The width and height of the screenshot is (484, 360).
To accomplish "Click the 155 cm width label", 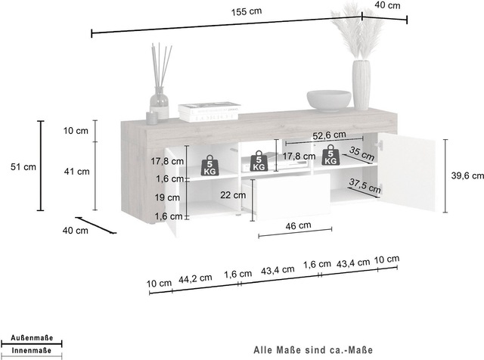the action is pyautogui.click(x=247, y=12).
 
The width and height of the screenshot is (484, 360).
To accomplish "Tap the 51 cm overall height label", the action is pyautogui.click(x=23, y=167).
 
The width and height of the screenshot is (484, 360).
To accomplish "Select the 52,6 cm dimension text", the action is pyautogui.click(x=329, y=135).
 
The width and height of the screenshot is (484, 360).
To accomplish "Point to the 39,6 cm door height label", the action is pyautogui.click(x=467, y=175).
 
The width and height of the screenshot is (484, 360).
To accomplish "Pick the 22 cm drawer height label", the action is pyautogui.click(x=233, y=195).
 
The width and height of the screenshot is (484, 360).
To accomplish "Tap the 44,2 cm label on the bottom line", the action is pyautogui.click(x=195, y=278).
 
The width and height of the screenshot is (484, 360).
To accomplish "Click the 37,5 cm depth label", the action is pyautogui.click(x=365, y=185).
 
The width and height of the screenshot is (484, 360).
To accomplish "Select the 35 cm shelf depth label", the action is pyautogui.click(x=361, y=154).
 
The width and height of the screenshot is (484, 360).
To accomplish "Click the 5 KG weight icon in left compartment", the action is pyautogui.click(x=209, y=166).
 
